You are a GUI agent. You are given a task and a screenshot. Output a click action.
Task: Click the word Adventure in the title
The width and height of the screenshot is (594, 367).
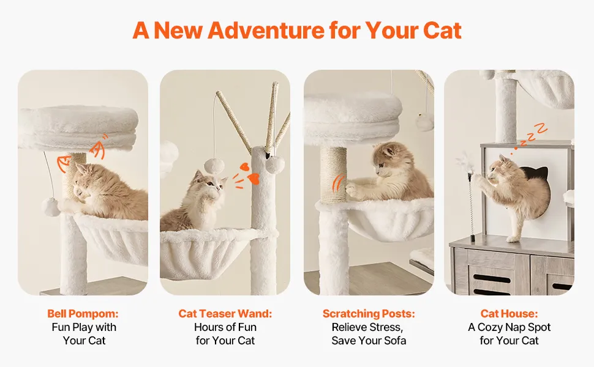pyautogui.click(x=266, y=30)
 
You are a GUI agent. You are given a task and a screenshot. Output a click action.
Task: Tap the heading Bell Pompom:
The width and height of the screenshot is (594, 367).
pyautogui.click(x=83, y=314)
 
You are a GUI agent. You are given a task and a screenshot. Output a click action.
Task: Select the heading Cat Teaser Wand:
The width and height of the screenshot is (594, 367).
pyautogui.click(x=225, y=314)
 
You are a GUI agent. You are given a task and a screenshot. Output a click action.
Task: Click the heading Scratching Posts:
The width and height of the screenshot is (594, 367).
pyautogui.click(x=369, y=314)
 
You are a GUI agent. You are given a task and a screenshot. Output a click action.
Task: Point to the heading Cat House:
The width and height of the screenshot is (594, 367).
pyautogui.click(x=509, y=314)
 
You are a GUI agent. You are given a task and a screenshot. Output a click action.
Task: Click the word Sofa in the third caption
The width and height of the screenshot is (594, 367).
pyautogui.click(x=394, y=341)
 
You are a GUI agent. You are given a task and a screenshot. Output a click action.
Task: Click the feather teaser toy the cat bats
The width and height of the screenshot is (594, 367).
pyautogui.click(x=464, y=163)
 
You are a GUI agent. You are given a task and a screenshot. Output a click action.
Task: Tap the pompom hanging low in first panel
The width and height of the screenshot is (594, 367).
pyautogui.click(x=50, y=207)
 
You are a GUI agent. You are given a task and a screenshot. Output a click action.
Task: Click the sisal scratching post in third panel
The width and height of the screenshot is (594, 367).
pyautogui.click(x=333, y=174)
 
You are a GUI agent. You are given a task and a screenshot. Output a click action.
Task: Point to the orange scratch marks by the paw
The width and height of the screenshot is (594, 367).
pyautogui.click(x=338, y=183)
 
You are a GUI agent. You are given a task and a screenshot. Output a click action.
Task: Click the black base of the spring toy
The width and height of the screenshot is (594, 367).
pyautogui.click(x=473, y=239)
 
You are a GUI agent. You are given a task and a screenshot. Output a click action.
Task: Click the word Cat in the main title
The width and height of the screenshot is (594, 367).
pyautogui.click(x=442, y=30)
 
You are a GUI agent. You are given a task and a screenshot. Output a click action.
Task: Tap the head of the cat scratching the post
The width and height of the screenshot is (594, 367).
pyautogui.click(x=387, y=159)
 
